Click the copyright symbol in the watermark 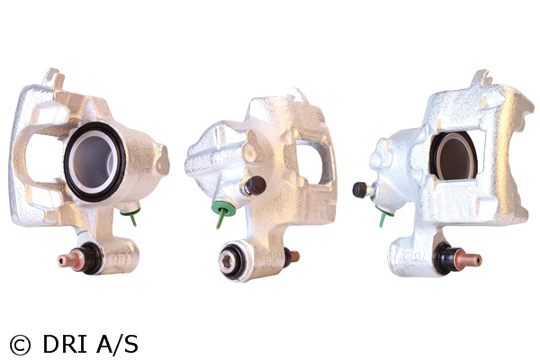click(20, 344)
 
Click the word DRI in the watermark click(65, 344)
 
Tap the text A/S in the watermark click(117, 344)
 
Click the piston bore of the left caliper click(94, 161)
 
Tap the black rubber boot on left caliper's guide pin click(92, 257)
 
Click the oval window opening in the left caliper click(39, 157)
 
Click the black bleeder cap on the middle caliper click(256, 184)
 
